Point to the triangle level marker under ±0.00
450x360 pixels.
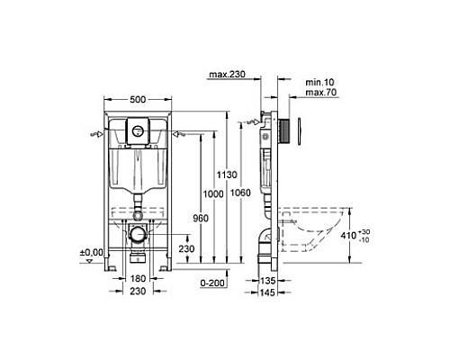(x=88, y=261)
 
